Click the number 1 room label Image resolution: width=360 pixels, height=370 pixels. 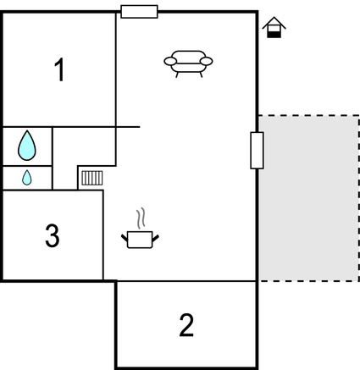point(60,69)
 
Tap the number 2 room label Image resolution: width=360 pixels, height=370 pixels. point(186,325)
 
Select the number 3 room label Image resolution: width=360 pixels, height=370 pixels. point(53,235)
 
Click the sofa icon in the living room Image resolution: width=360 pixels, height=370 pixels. point(188,64)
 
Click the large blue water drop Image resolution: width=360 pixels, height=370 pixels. point(27,146)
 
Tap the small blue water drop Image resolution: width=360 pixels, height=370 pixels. point(27,178)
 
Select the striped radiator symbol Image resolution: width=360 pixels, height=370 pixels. point(92,178)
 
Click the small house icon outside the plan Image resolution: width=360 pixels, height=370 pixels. point(274,27)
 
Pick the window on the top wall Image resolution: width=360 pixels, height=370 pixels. point(139,12)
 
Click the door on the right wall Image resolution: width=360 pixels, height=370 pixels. point(257,151)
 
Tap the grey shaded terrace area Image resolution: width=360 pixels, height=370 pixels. point(308,198)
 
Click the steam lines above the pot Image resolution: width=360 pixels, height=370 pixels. point(141,218)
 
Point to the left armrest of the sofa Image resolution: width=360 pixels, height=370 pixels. point(170,61)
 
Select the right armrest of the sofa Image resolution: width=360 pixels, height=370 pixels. point(206,61)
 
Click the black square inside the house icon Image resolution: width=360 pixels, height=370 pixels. point(274,35)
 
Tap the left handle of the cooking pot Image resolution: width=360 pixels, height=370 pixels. point(125,238)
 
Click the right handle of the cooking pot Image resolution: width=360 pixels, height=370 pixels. point(156,238)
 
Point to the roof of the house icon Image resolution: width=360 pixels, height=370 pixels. point(274,23)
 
